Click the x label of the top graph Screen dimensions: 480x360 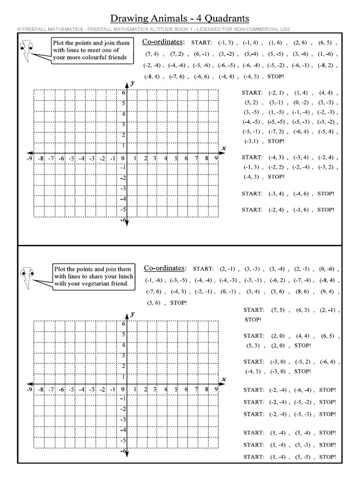coord(224,148)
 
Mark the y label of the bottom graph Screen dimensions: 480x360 coord(133,314)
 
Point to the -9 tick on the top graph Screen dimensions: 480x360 coord(30,158)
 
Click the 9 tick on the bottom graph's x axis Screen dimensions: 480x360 coord(216,389)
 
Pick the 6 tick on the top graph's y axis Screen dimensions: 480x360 coord(124,93)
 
